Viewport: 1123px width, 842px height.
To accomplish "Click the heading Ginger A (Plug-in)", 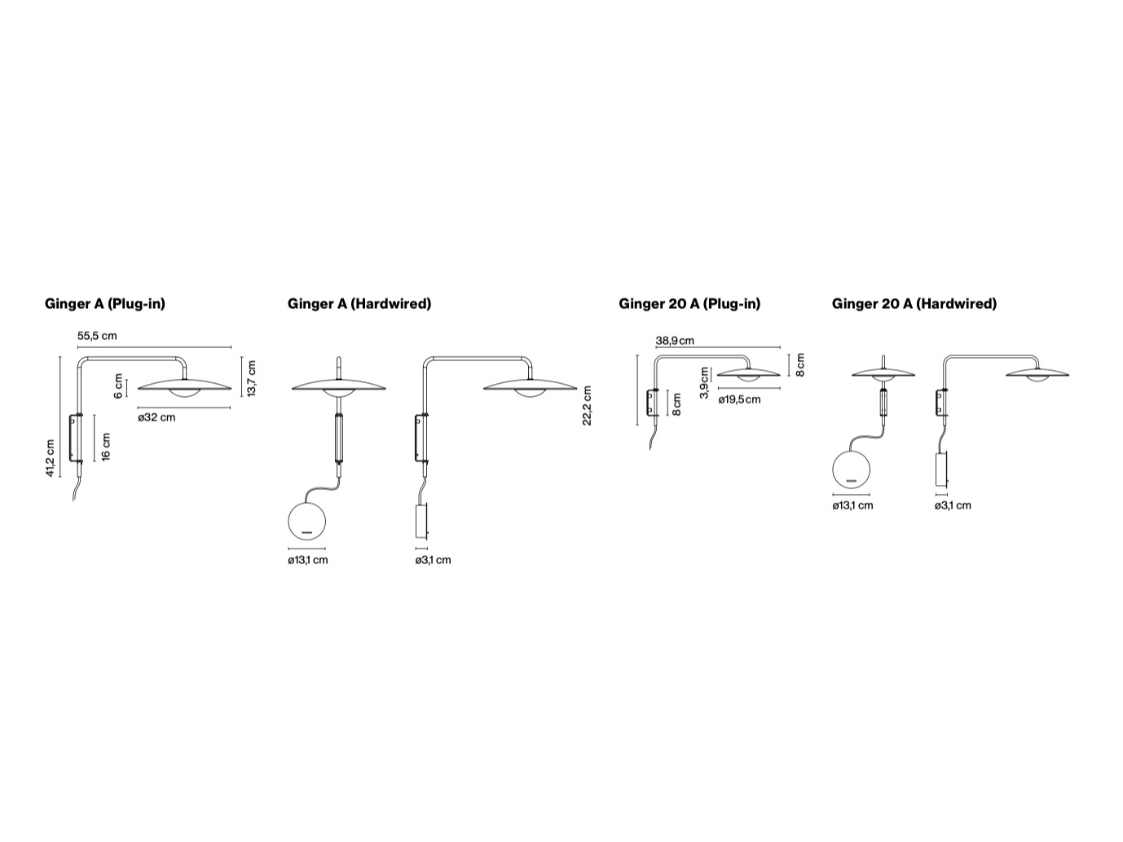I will click(105, 304).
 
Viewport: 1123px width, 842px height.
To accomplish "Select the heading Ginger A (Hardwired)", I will click(359, 304).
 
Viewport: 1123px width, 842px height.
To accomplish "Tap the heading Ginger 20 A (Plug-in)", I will click(689, 304).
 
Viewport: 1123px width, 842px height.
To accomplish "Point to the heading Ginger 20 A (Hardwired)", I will click(914, 304).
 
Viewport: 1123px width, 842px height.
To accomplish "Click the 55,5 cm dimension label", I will click(97, 336).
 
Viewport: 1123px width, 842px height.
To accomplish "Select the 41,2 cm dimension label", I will click(51, 458).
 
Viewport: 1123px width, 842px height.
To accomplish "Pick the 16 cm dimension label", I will click(105, 447).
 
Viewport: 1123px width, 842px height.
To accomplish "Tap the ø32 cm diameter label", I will click(156, 417).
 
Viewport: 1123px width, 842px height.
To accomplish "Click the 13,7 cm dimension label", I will click(252, 378).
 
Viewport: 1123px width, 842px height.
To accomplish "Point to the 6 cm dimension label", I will click(119, 386).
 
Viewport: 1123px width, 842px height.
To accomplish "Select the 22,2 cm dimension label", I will click(588, 405).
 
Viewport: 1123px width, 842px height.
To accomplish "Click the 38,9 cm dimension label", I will click(675, 341).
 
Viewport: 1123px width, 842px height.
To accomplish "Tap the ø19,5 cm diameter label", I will click(739, 399).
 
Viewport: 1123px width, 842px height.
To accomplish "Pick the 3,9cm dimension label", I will click(704, 382).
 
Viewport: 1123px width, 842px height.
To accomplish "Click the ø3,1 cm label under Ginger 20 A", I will click(953, 505).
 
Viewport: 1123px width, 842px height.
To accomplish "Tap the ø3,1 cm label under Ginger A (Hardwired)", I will click(433, 560).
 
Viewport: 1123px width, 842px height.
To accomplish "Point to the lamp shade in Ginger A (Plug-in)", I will click(184, 385).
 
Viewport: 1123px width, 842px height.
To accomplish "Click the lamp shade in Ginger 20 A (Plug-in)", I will click(748, 374).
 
